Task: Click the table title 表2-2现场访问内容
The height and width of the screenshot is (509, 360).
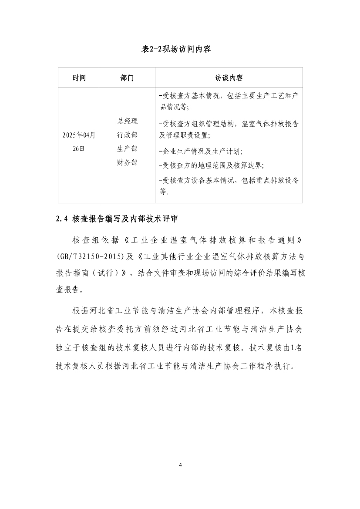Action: pos(180,49)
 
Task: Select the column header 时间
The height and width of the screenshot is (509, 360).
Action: pos(79,78)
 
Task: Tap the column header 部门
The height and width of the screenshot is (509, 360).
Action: pos(127,78)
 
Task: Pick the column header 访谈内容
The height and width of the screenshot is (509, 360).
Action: pos(229,78)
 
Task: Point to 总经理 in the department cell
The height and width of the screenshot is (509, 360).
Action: pos(127,121)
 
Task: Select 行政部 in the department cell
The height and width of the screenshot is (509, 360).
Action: pos(127,135)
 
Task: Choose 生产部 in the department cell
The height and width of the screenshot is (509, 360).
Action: pos(127,148)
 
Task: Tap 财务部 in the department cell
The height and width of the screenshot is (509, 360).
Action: pos(127,162)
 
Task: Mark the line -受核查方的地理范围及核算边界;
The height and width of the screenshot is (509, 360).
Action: pos(212,165)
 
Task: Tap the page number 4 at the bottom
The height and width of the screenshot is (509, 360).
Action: pos(180,465)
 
